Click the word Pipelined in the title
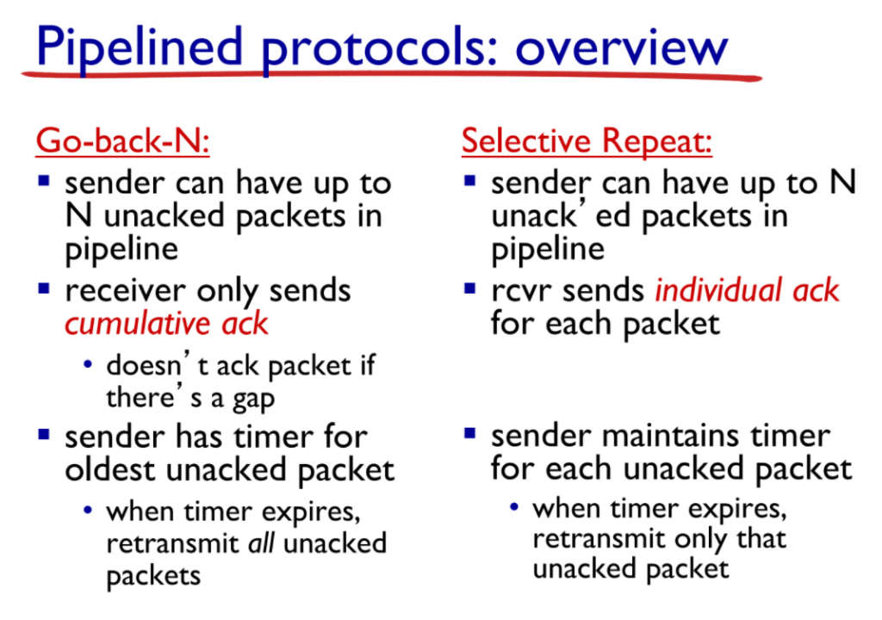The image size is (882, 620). coord(139,48)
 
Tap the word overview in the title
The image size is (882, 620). coord(621,48)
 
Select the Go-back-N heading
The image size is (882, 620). coord(122,140)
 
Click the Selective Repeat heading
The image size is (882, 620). coord(587,140)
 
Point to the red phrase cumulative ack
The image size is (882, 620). coord(166,324)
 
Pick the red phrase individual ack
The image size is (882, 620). coord(747,290)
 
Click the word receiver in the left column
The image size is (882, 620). coord(126,291)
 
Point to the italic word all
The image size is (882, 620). coord(261,542)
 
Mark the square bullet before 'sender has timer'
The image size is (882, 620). coord(44,434)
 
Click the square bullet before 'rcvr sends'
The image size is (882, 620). coord(470,289)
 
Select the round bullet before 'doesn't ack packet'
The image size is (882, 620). coord(88,364)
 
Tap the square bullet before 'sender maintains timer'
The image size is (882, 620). coord(470,434)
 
